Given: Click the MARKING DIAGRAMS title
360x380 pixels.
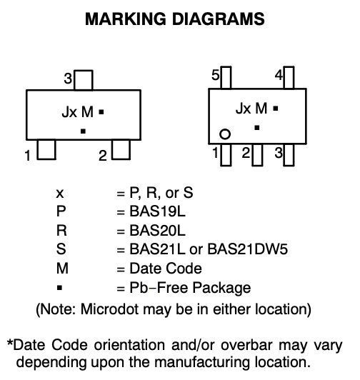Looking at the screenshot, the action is click(x=175, y=19).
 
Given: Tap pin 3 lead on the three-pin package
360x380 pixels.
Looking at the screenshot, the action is click(x=84, y=80).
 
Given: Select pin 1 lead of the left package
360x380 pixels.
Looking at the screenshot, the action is click(x=46, y=149).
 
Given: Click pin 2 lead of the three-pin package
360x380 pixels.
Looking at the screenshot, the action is click(x=121, y=149).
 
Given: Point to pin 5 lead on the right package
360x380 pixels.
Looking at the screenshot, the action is click(x=226, y=78).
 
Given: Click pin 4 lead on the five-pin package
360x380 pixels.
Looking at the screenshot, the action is click(x=289, y=78).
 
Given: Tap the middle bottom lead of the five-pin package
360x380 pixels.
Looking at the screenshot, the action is click(x=257, y=155).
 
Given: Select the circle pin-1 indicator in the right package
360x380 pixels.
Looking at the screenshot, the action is click(x=225, y=134).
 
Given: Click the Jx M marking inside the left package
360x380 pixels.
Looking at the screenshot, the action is click(x=78, y=112).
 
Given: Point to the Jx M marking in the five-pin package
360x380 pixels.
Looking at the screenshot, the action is click(x=251, y=109).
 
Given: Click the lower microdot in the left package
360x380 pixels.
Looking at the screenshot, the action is click(x=83, y=131).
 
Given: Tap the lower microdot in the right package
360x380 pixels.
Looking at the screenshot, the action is click(x=257, y=127).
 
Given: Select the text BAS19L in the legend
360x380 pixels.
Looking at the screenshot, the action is click(x=157, y=211).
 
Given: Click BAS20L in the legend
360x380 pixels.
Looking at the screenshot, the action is click(x=157, y=230).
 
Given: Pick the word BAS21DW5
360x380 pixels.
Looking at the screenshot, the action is click(x=248, y=249).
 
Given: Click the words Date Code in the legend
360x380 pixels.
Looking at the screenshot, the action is click(x=166, y=269).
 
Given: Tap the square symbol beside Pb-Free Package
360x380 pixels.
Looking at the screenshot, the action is click(x=59, y=288).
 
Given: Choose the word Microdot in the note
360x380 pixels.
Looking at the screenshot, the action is click(x=109, y=309).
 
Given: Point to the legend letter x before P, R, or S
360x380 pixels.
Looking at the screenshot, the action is click(x=59, y=194).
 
